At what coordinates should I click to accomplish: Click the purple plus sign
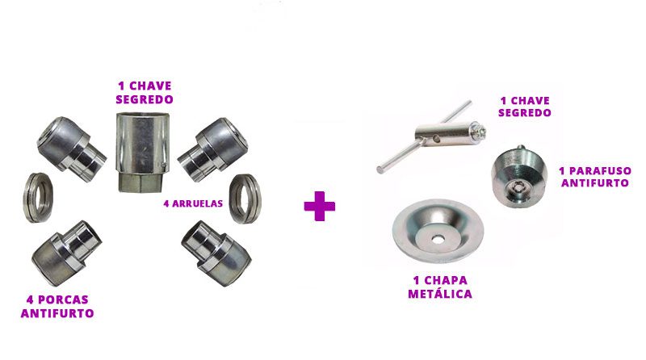pos(319,206)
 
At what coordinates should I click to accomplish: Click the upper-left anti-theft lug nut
pos(71,149)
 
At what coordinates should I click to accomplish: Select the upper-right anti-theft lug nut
pos(213,149)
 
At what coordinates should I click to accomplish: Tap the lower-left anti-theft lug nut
pos(67,253)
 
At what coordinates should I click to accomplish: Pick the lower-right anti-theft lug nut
pos(216,253)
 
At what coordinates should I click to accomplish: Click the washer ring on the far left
pos(38,198)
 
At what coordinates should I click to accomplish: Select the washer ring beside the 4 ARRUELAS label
pos(245,199)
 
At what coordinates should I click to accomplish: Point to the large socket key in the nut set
pos(143,153)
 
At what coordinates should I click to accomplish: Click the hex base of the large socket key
pos(141,182)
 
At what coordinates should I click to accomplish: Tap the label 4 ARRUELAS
pos(193,203)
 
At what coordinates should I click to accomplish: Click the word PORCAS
pos(63,299)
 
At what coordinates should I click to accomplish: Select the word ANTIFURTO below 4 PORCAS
pos(57,313)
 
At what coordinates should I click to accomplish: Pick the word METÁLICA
pos(440,294)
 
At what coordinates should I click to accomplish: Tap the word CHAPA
pos(446,281)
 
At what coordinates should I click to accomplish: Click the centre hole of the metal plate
pos(436,238)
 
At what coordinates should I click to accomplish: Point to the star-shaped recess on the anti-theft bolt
pos(514,189)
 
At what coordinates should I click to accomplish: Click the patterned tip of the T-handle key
pos(480,132)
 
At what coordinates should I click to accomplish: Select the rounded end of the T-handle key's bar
pos(380,169)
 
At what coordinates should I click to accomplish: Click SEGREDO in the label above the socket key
pos(145,99)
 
